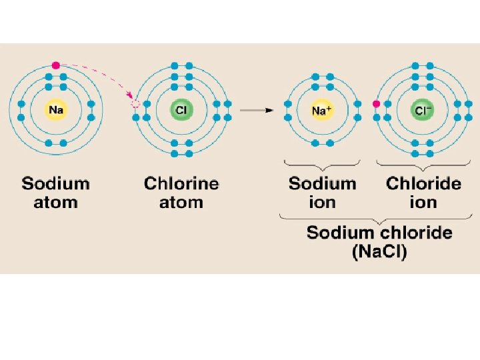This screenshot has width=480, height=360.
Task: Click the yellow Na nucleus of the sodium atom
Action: click(56, 109)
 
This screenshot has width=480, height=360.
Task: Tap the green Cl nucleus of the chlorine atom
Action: click(181, 109)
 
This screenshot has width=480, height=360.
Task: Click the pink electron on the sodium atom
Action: click(56, 65)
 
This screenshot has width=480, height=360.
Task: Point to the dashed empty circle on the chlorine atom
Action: click(136, 104)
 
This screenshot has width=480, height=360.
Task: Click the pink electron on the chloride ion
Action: click(377, 104)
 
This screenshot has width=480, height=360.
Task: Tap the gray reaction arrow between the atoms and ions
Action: click(257, 111)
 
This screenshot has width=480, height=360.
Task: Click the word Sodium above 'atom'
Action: click(56, 183)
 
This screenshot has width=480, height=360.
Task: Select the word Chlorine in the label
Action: click(181, 183)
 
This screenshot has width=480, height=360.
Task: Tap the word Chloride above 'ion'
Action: click(423, 183)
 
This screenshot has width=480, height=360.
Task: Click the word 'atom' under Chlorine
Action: click(181, 202)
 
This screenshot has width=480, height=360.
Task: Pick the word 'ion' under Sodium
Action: click(322, 202)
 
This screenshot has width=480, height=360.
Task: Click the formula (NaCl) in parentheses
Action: click(379, 253)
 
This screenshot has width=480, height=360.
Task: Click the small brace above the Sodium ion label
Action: click(322, 163)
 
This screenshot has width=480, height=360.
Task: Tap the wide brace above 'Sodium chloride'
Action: click(378, 218)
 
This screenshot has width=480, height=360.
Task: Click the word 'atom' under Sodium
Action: click(56, 202)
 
